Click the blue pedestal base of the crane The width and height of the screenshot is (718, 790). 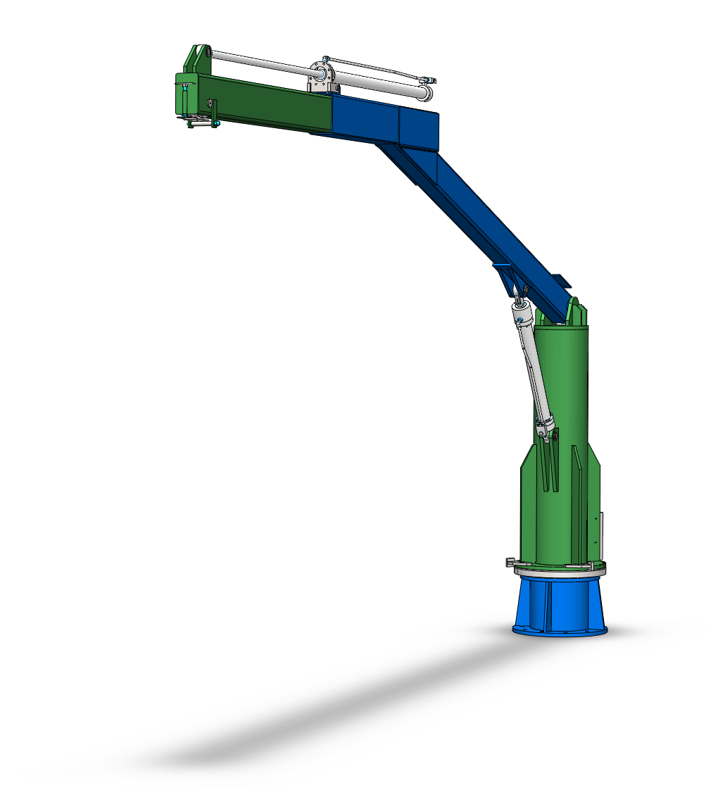point(560,606)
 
